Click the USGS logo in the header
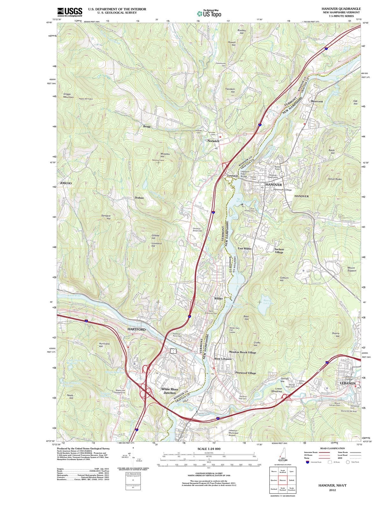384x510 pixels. click(x=69, y=12)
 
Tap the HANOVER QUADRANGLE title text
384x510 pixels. click(x=341, y=9)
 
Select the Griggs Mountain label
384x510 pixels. click(x=69, y=95)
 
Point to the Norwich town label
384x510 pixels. click(x=213, y=141)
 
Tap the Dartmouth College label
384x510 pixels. click(x=282, y=190)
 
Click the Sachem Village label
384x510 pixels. click(x=279, y=251)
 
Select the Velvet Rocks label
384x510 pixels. click(x=335, y=179)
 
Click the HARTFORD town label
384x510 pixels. click(x=136, y=329)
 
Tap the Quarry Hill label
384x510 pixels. click(x=336, y=335)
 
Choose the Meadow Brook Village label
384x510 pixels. click(x=243, y=353)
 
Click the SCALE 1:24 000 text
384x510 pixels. click(x=209, y=448)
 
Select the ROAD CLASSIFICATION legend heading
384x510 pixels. click(x=332, y=448)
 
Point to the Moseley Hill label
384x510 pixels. click(x=165, y=155)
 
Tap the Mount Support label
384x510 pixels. click(x=352, y=269)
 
